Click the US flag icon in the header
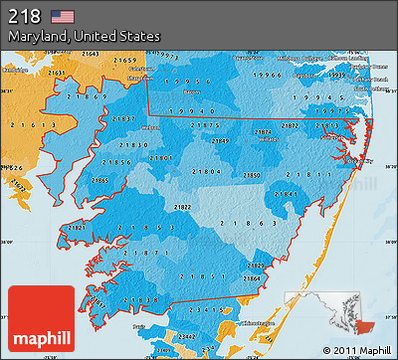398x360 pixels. (x=64, y=16)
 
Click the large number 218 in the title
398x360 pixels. (x=27, y=16)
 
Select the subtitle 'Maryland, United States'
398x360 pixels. (x=85, y=36)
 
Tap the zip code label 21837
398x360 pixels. (x=124, y=118)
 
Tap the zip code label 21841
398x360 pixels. (x=292, y=192)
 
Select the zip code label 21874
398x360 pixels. (x=262, y=132)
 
